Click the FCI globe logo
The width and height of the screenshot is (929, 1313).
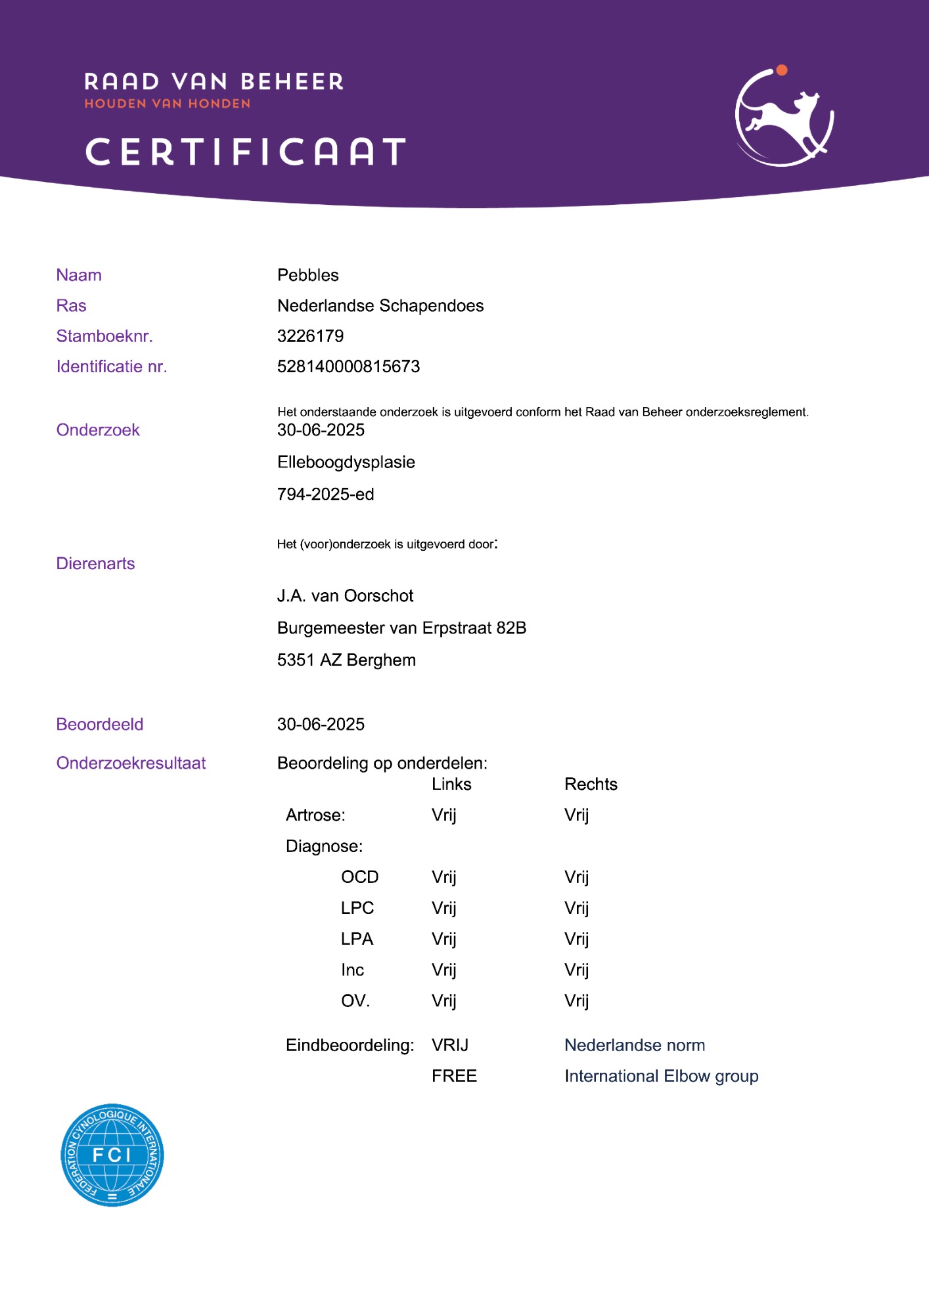[x=112, y=1155]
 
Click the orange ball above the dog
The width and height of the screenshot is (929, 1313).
[x=781, y=70]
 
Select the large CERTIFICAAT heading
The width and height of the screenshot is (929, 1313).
[x=246, y=152]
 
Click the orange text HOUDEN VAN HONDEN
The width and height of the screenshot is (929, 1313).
[x=168, y=104]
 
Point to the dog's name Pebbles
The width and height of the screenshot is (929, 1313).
[x=307, y=275]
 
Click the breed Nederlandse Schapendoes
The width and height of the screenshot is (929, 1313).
[x=380, y=306]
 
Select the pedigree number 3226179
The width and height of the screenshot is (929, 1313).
[x=310, y=336]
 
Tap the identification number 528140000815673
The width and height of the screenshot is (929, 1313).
[x=348, y=366]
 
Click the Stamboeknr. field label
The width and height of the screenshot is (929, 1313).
[x=104, y=336]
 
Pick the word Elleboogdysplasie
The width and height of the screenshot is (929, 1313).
[x=346, y=462]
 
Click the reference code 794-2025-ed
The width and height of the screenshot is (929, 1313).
[x=325, y=494]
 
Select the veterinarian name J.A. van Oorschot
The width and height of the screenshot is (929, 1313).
[x=345, y=596]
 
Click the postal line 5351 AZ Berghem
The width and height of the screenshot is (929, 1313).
[x=346, y=660]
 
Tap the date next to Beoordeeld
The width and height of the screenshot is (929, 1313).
[x=321, y=724]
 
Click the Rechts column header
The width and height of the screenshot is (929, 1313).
[x=591, y=785]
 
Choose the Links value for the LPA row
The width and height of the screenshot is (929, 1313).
[x=443, y=939]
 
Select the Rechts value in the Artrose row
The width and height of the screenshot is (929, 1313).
[x=576, y=815]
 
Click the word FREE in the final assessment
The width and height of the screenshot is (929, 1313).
[x=454, y=1076]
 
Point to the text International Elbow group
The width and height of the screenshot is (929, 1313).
[x=661, y=1076]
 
